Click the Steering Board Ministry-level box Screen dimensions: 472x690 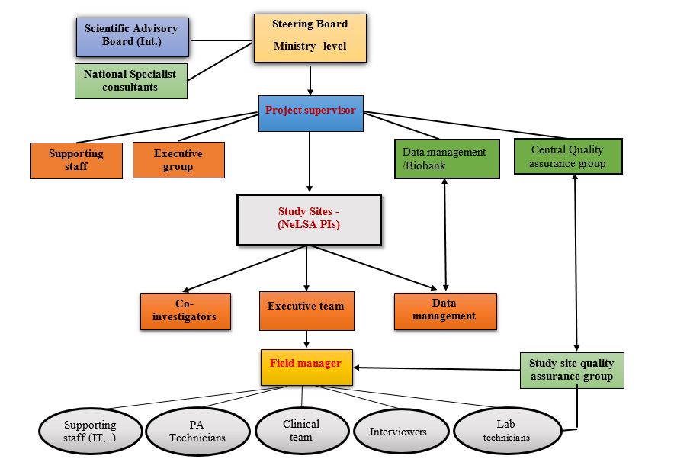tap(310, 36)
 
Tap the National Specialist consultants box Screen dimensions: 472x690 tap(131, 81)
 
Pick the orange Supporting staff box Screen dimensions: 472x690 tap(76, 160)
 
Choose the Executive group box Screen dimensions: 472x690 tap(178, 160)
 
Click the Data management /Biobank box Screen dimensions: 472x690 tap(446, 159)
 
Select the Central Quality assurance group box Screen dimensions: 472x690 tap(568, 156)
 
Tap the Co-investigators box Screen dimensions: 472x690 tap(185, 311)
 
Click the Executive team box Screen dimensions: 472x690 tap(306, 310)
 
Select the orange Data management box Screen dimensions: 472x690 tap(445, 311)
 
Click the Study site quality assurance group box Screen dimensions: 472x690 tap(571, 370)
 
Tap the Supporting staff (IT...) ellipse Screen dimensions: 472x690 tap(90, 432)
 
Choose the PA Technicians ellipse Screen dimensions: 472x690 tap(197, 432)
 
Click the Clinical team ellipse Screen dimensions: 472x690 tap(301, 431)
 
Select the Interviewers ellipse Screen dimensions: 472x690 tap(398, 432)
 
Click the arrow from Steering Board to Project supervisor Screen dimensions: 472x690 tap(310, 78)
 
